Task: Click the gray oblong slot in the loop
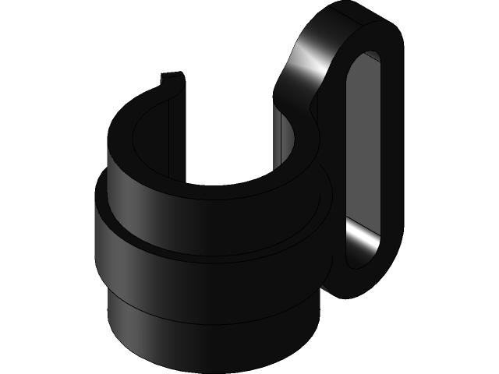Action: pos(366,140)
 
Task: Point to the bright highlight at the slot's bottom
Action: pos(363,238)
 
